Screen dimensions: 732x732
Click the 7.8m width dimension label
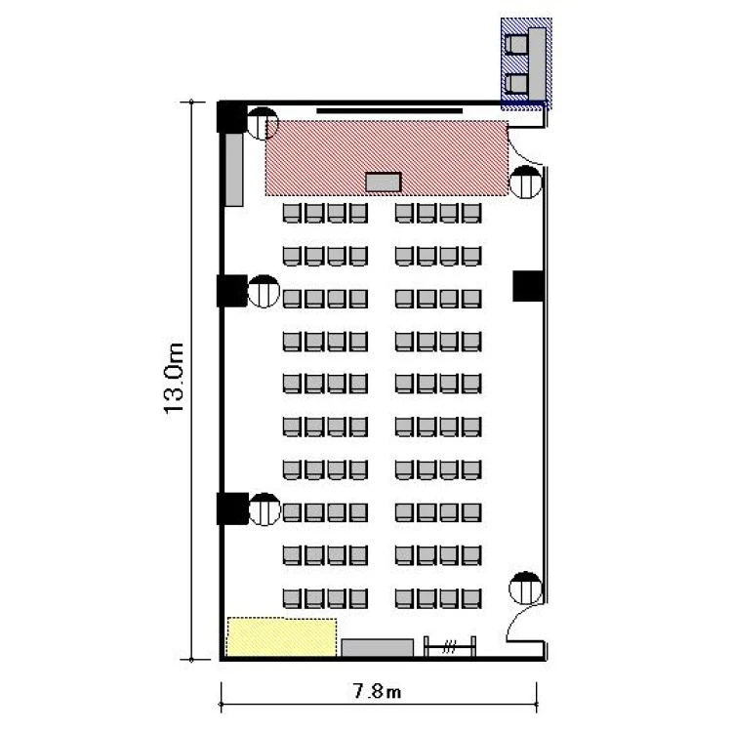point(377,691)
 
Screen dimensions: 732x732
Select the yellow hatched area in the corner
point(281,636)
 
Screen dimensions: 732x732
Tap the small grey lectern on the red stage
point(384,183)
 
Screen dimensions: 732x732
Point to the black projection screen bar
point(389,111)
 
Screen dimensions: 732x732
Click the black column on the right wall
point(528,286)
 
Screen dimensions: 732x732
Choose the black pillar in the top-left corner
point(231,117)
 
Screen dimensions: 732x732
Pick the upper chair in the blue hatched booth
point(516,45)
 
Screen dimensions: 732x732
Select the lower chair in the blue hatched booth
point(516,84)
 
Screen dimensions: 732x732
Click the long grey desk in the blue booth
point(538,64)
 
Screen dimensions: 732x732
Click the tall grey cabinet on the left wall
point(234,170)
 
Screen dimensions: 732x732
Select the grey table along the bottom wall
point(377,647)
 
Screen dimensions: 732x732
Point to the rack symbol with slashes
point(450,646)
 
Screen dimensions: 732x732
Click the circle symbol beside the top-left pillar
point(262,123)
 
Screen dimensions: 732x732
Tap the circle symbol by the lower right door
point(525,588)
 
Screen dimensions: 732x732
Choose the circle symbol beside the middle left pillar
point(264,291)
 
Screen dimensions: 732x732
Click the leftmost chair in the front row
point(291,214)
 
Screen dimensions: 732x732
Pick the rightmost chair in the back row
point(471,598)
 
